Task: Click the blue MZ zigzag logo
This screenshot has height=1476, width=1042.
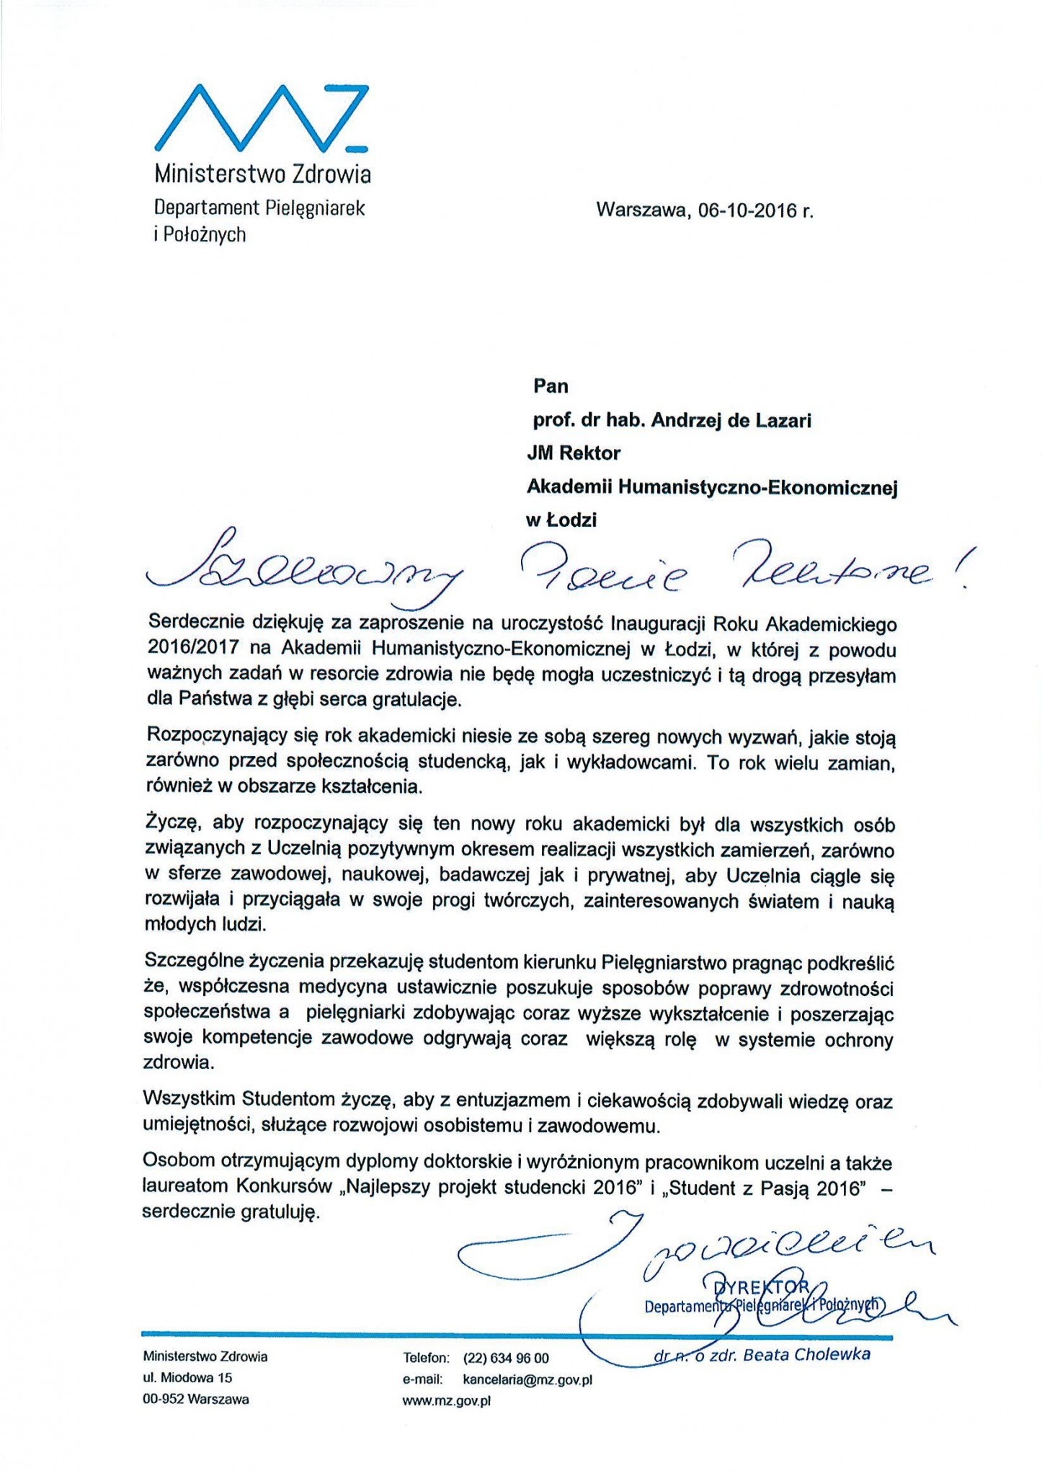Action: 262,117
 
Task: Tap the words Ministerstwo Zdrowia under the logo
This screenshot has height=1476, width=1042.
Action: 262,174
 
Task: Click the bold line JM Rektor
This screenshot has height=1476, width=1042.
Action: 574,453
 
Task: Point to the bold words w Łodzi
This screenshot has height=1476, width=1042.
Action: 561,520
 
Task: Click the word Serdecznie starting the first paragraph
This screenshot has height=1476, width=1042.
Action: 193,621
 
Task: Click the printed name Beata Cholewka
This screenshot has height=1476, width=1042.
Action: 806,1354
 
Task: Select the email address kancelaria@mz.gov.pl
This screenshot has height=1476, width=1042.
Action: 527,1380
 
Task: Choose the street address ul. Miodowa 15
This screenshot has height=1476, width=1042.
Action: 187,1378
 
